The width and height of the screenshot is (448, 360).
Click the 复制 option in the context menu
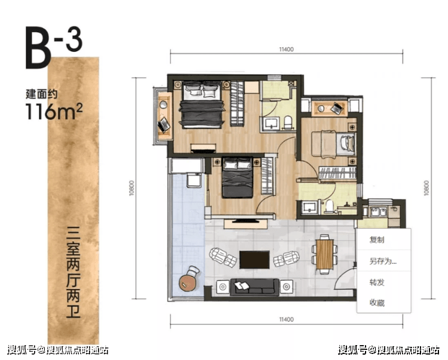[376, 240]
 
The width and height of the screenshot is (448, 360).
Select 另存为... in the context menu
[382, 261]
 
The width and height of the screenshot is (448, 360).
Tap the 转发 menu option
[376, 282]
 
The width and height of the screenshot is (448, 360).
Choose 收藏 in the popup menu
[376, 302]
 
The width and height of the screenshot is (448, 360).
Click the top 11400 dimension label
[286, 50]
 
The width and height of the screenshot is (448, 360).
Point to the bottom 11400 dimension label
[286, 319]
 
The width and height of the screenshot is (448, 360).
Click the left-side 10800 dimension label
[132, 188]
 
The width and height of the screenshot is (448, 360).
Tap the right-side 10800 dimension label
[426, 188]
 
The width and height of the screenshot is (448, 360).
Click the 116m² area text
[54, 111]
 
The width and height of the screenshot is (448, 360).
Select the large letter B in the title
[38, 48]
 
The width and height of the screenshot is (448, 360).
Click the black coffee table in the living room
[254, 260]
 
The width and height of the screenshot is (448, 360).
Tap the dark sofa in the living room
[254, 287]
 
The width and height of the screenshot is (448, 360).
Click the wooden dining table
[324, 254]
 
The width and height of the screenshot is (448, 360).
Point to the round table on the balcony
[187, 283]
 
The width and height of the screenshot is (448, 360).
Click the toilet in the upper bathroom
[288, 123]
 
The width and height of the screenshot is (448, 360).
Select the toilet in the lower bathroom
[329, 206]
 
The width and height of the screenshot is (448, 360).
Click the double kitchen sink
[378, 211]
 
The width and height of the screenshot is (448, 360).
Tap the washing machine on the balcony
[194, 180]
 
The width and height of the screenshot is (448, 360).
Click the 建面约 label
[42, 94]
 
